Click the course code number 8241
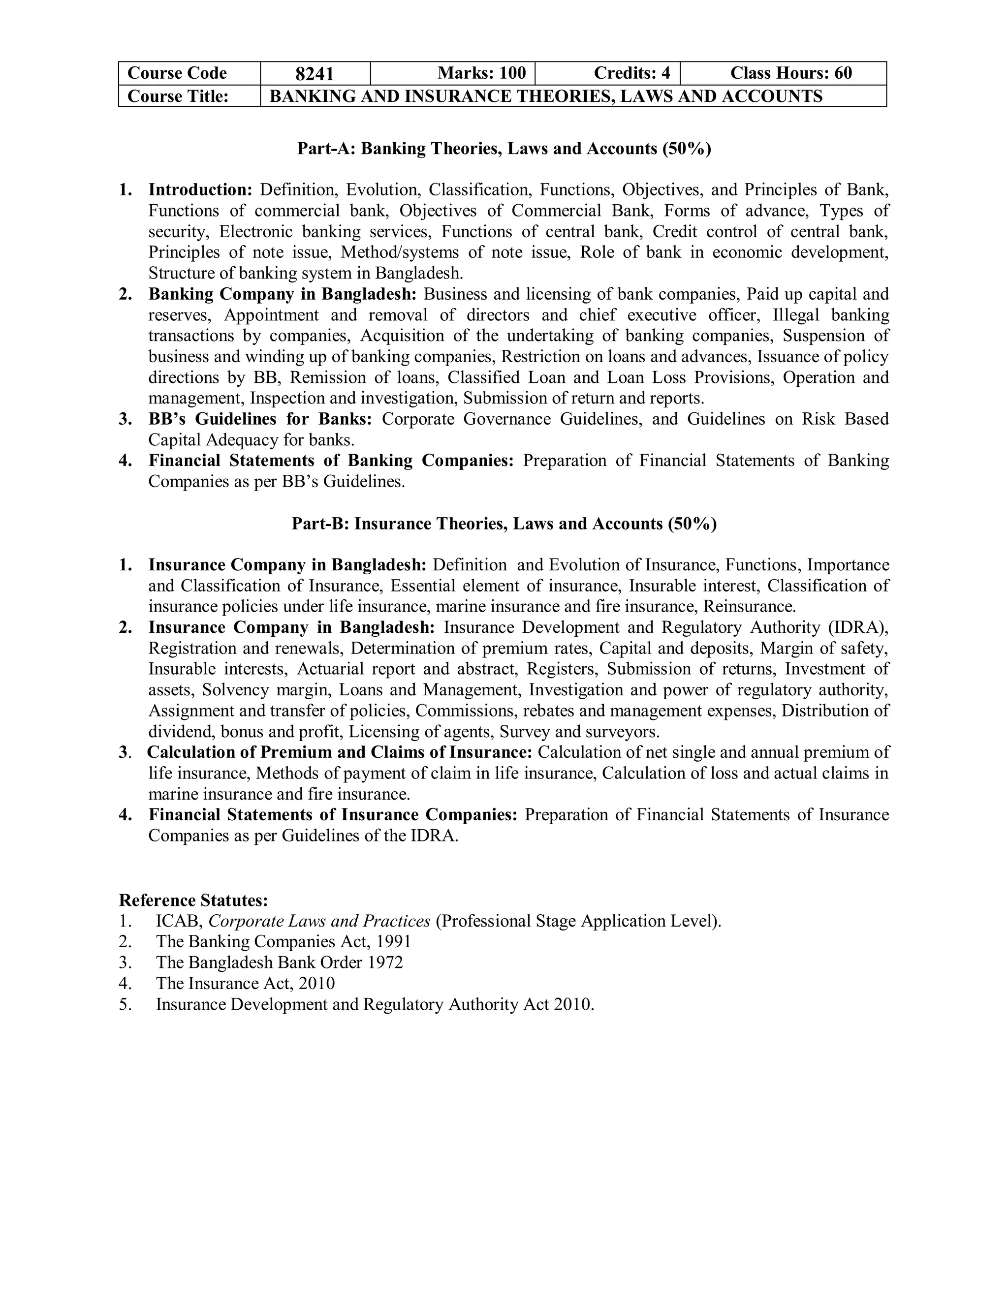pos(315,73)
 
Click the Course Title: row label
pos(178,96)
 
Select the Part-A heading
pos(504,148)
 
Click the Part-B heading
pos(504,524)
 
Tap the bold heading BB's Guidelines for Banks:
pos(260,419)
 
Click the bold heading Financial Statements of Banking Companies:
pos(331,461)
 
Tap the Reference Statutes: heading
pos(193,900)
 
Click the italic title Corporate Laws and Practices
pos(319,921)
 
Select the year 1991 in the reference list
pos(394,941)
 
